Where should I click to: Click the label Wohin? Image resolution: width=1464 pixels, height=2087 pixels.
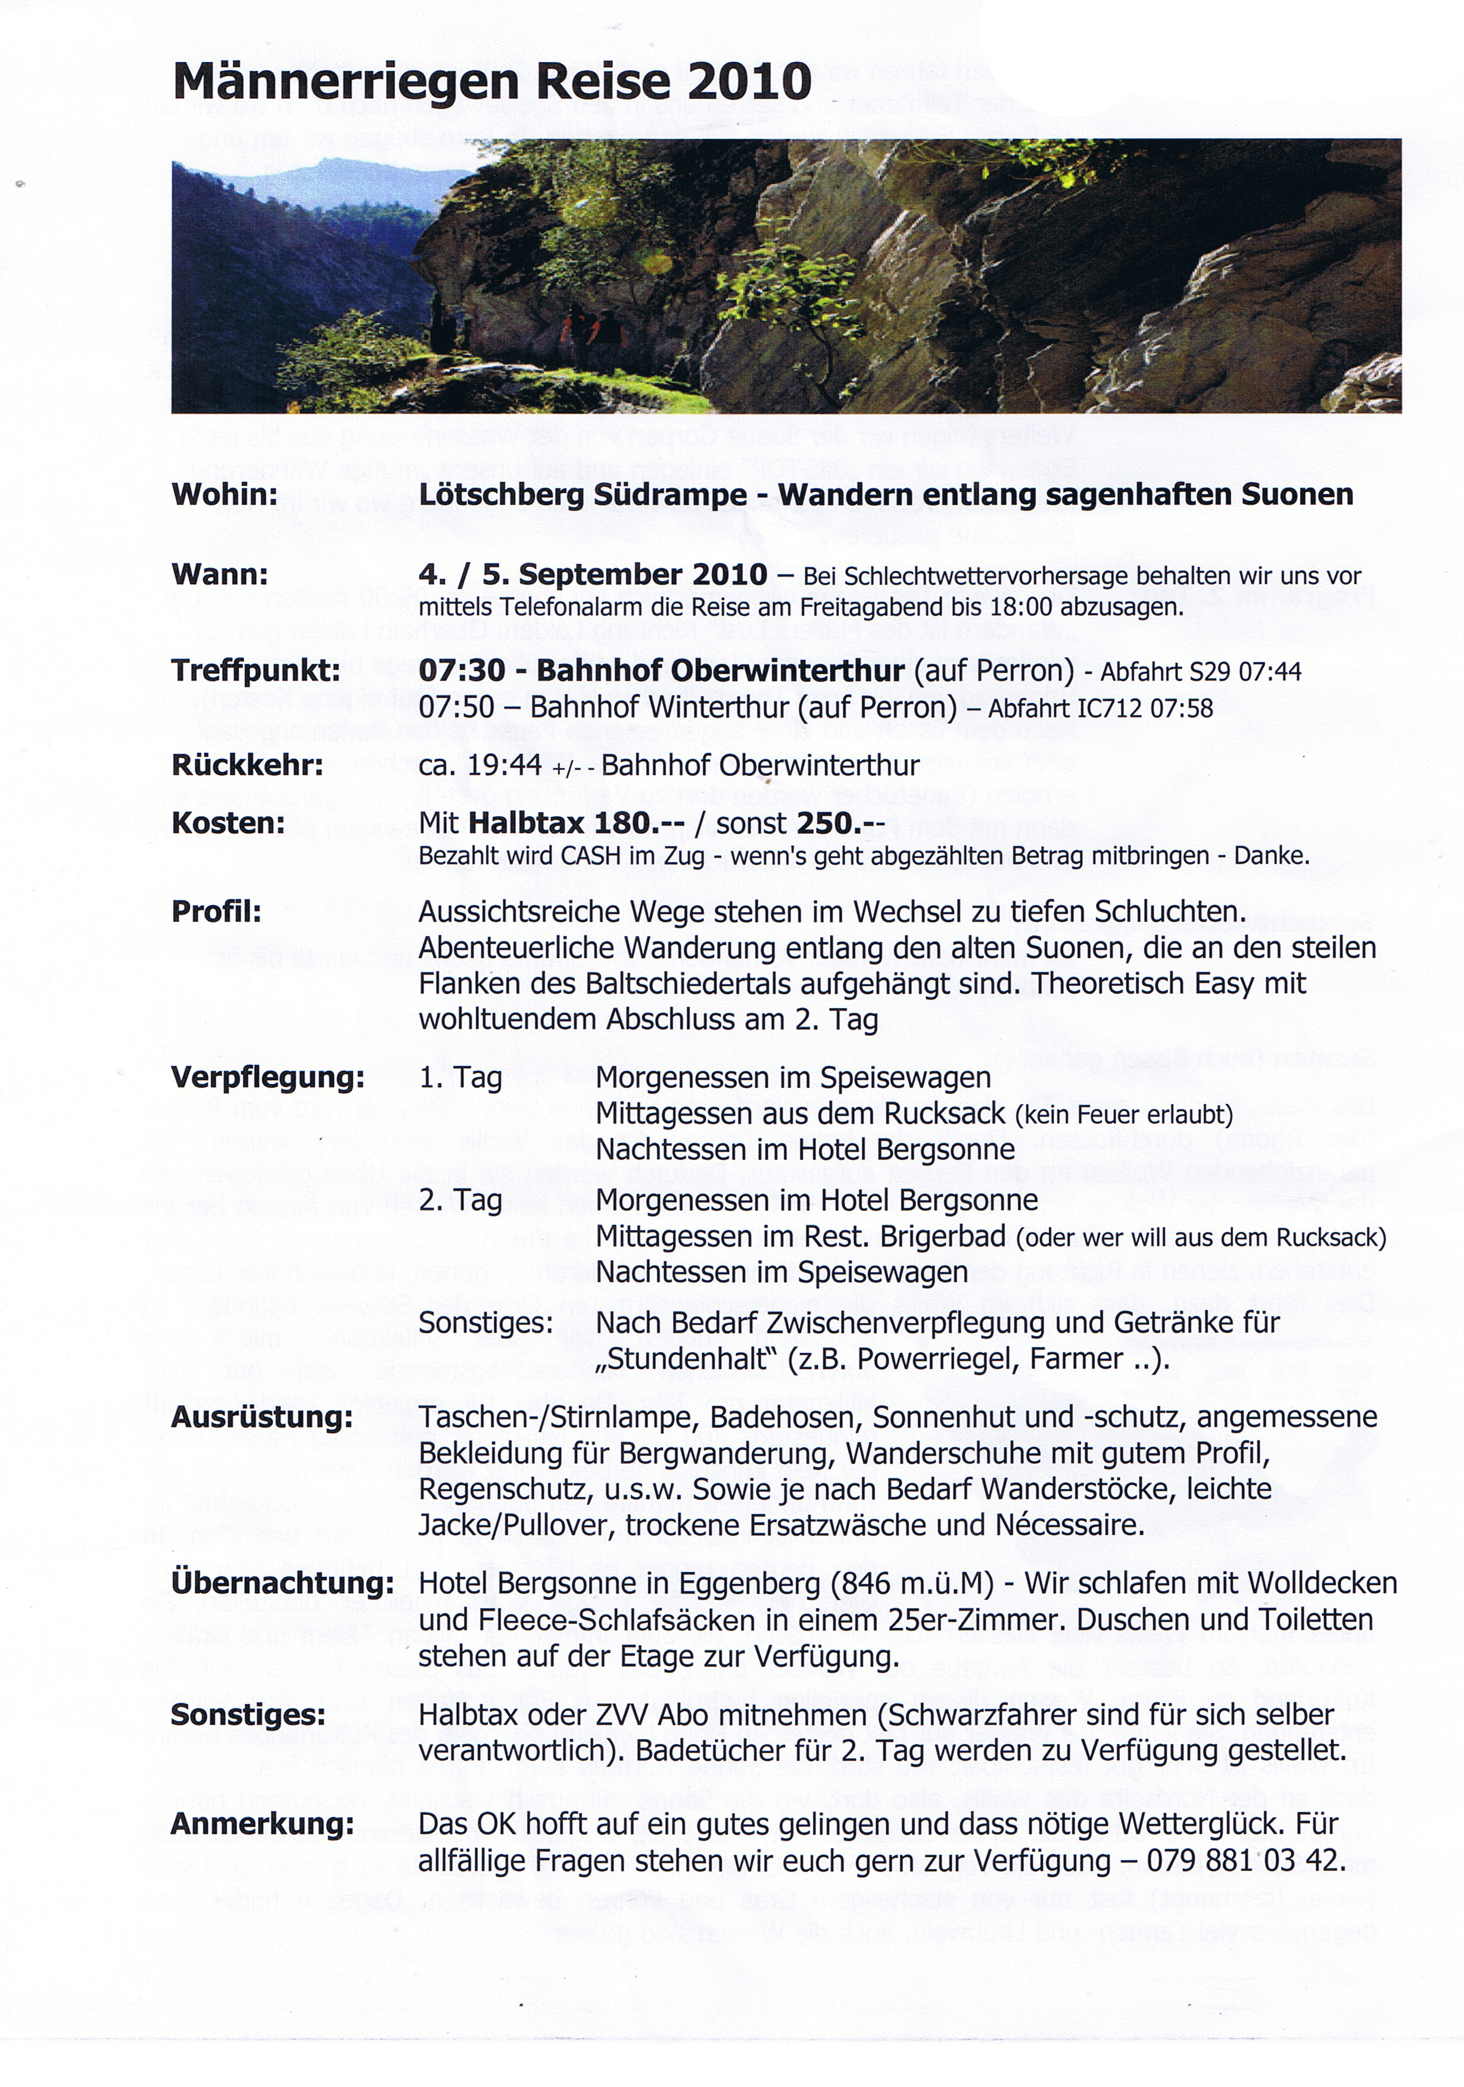point(225,495)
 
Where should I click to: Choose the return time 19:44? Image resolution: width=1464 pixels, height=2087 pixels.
point(506,765)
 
